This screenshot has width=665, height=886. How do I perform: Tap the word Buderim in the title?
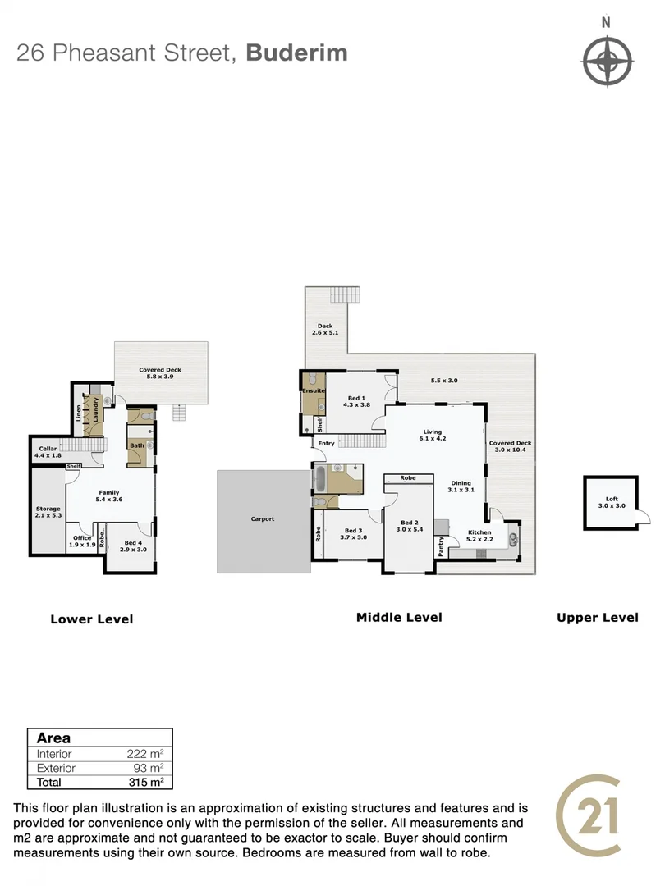(296, 53)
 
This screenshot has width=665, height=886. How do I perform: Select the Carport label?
(263, 519)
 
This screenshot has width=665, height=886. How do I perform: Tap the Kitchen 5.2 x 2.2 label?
(479, 536)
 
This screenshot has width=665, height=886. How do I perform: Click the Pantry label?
(441, 547)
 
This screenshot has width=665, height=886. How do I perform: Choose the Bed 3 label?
(355, 533)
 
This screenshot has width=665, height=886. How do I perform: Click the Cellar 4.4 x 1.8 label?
(48, 451)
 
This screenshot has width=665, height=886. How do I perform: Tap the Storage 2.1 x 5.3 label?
(48, 512)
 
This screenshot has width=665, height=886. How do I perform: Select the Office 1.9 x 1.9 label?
(81, 541)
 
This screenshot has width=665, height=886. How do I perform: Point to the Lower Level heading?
(91, 619)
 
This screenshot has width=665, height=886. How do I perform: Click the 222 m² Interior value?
(149, 754)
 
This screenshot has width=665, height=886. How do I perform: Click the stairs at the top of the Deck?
(346, 295)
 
